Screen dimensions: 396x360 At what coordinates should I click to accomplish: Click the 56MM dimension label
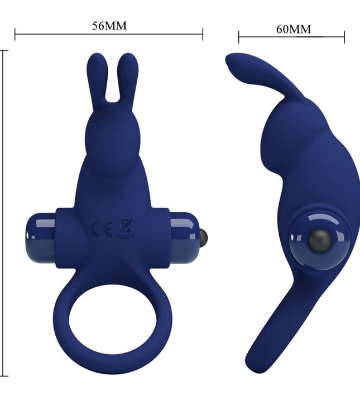pyautogui.click(x=109, y=26)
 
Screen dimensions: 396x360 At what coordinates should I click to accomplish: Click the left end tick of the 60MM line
pyautogui.click(x=239, y=37)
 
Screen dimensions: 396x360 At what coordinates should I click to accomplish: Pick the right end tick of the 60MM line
pyautogui.click(x=344, y=37)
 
